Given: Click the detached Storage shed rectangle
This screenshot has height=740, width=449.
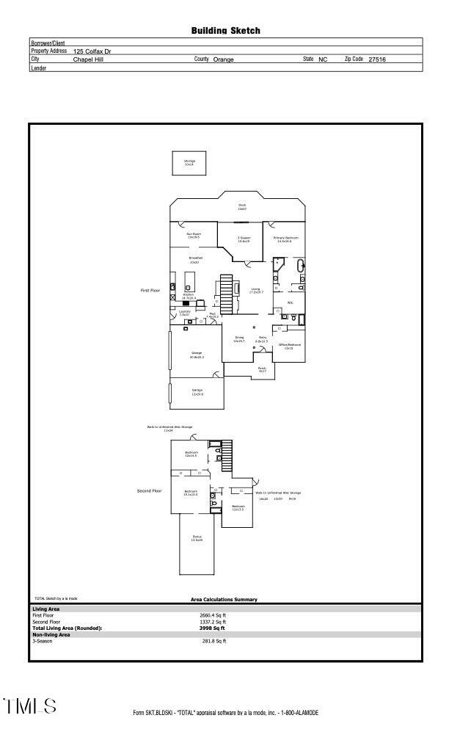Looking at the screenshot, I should click(189, 163).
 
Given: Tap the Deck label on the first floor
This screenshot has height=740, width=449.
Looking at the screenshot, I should click(241, 206).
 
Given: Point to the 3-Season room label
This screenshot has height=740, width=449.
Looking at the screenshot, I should click(244, 239).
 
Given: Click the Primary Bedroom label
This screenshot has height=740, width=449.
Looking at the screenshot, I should click(286, 239).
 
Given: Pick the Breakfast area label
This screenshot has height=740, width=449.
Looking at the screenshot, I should click(195, 259).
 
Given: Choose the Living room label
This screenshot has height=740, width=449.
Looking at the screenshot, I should click(255, 290).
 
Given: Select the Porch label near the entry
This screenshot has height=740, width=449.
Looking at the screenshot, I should click(262, 370).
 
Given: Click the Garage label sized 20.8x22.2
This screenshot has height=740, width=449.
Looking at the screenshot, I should click(197, 355).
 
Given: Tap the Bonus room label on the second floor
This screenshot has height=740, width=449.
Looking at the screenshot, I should click(197, 538).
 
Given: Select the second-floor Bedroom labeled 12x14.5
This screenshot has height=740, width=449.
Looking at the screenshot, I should click(191, 454).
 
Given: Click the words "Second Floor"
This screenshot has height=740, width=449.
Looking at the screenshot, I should click(149, 490).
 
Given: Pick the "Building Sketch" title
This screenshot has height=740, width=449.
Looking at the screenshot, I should click(225, 31).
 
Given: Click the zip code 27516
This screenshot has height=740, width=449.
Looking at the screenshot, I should click(377, 59).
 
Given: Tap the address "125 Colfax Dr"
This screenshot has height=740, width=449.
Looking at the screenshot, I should click(92, 51).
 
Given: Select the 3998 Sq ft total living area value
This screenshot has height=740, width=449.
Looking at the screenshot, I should click(213, 628).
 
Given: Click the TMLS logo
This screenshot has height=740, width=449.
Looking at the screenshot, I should click(29, 706).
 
